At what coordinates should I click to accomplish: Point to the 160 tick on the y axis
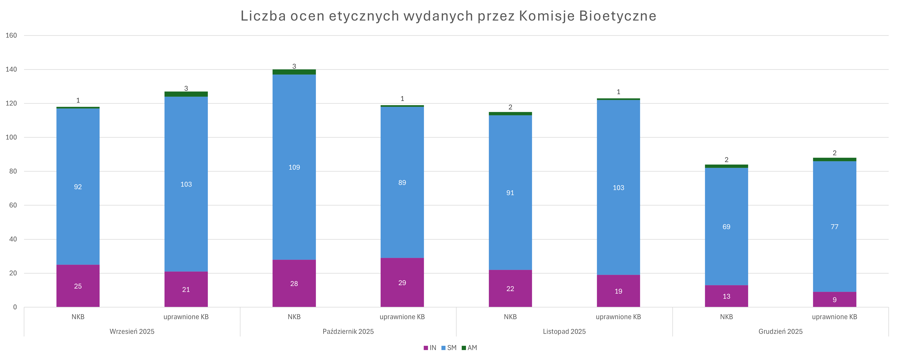11,36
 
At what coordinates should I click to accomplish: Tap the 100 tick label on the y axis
11,137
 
